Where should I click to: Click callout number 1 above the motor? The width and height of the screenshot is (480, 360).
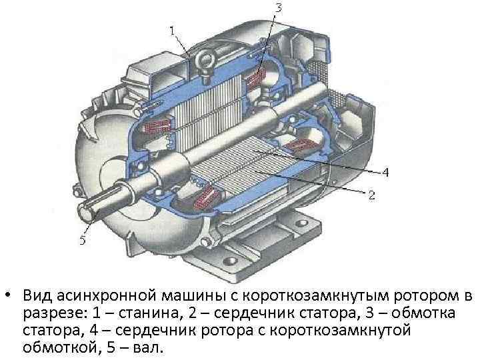click(x=172, y=30)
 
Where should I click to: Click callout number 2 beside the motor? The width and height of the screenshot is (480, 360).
click(x=372, y=195)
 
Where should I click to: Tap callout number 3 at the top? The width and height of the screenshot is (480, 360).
click(x=278, y=8)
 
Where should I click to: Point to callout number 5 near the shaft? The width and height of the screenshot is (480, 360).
click(x=83, y=241)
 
